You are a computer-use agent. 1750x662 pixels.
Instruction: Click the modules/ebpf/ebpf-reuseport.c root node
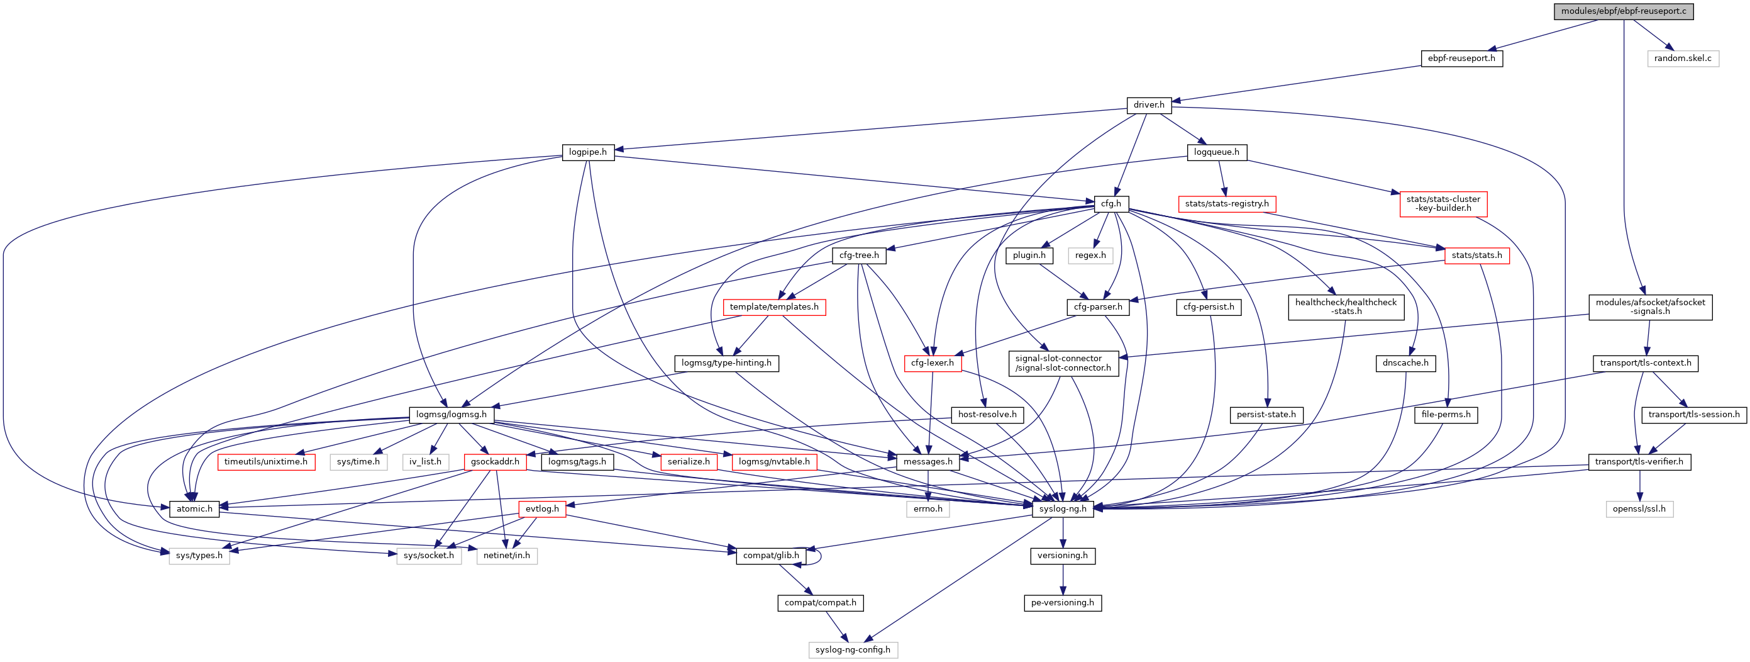[x=1623, y=11]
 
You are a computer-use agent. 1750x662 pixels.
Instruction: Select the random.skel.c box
[x=1682, y=59]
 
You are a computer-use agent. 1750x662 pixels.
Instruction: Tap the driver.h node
[x=1148, y=105]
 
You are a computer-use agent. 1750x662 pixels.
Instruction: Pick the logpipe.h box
[x=588, y=152]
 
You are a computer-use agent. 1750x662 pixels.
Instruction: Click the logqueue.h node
[x=1216, y=152]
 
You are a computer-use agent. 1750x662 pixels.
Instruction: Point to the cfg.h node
[x=1110, y=204]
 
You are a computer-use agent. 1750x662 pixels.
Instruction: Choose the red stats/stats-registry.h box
[x=1226, y=204]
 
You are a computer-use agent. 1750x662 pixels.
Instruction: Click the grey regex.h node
[x=1090, y=255]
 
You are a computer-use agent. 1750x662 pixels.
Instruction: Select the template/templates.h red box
[x=774, y=307]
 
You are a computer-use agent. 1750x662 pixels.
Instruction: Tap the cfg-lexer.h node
[x=932, y=363]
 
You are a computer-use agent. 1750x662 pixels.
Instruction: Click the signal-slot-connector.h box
[x=1063, y=363]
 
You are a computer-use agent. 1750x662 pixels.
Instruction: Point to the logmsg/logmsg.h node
[x=451, y=415]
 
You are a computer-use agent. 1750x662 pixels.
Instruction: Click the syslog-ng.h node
[x=1063, y=509]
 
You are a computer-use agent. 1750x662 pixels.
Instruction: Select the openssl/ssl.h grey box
[x=1639, y=509]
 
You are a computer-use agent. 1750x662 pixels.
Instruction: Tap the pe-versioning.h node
[x=1063, y=603]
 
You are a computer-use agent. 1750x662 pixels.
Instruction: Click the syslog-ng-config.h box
[x=853, y=650]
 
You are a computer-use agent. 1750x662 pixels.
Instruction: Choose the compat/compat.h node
[x=820, y=603]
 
